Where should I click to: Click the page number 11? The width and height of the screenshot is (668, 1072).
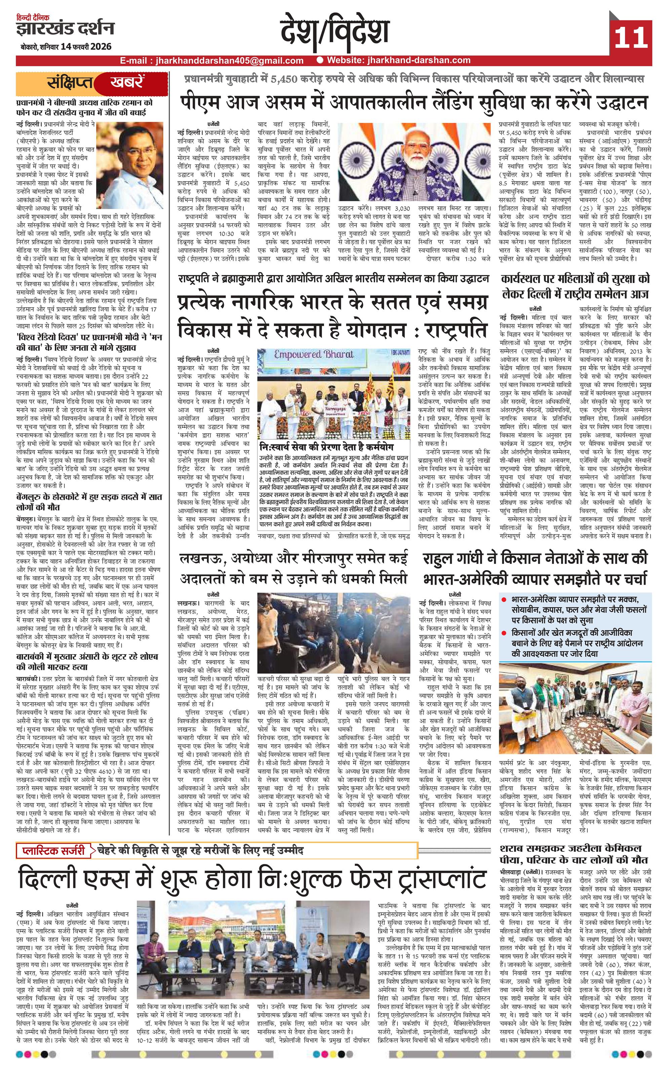pyautogui.click(x=630, y=38)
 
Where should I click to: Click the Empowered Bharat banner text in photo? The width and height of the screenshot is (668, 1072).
pyautogui.click(x=314, y=354)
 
